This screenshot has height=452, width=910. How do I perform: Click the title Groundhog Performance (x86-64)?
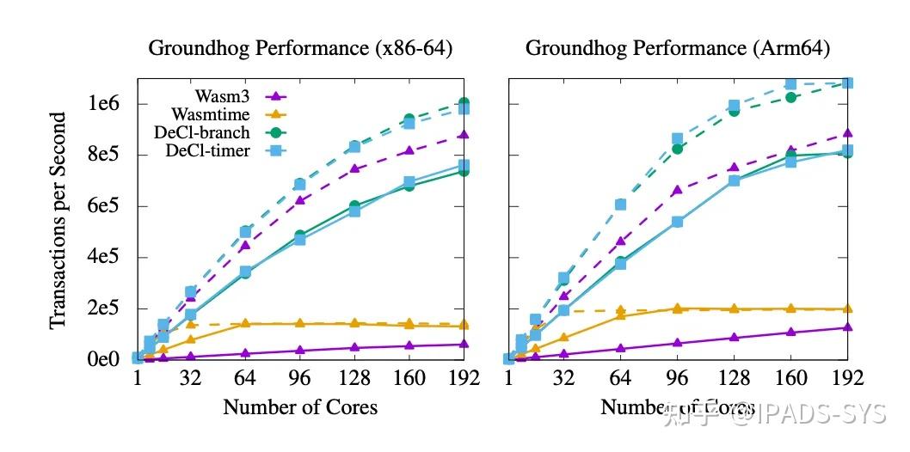click(299, 48)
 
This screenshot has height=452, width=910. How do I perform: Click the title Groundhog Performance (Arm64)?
click(678, 48)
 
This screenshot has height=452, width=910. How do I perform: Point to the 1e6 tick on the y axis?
click(105, 103)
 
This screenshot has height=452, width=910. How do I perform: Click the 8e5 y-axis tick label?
click(105, 155)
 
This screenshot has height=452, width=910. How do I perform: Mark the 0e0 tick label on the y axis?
click(105, 358)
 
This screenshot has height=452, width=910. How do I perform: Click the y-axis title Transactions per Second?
click(58, 220)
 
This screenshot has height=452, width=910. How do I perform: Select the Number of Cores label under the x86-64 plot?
click(300, 407)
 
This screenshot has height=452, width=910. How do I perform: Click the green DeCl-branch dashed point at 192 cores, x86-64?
click(464, 103)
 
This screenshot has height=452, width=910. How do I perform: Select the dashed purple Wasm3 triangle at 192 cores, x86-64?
click(464, 135)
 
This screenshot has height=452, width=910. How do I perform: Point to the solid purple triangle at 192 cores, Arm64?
click(848, 327)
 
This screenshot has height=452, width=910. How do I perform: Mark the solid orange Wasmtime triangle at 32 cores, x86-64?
click(190, 339)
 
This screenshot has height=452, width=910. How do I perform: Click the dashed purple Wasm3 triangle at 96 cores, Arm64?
click(677, 190)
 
